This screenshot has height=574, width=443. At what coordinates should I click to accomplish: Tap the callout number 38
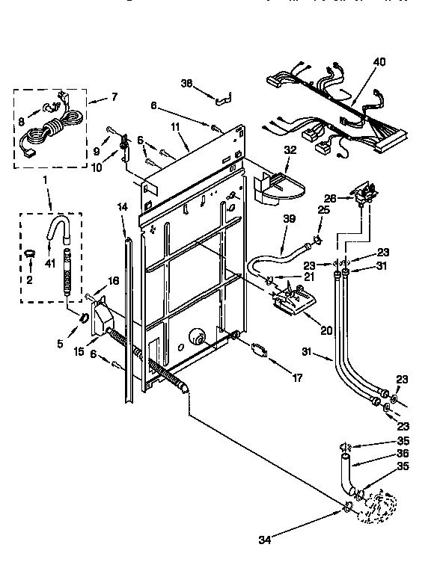click(x=186, y=84)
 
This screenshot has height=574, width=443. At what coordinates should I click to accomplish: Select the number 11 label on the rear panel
click(x=175, y=129)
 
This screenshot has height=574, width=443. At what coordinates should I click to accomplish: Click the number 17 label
click(x=297, y=378)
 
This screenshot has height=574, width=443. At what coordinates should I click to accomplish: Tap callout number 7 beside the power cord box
click(x=114, y=98)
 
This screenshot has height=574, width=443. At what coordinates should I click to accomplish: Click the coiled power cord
click(x=45, y=135)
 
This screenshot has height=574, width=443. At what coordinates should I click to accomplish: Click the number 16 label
click(x=114, y=280)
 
